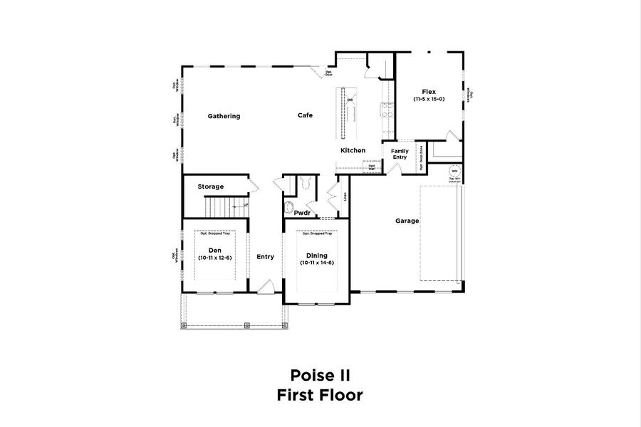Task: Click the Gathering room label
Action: [224, 116]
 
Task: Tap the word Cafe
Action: [305, 115]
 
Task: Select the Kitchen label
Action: [353, 150]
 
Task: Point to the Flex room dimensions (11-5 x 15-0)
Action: [429, 100]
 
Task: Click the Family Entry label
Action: [400, 154]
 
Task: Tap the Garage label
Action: [407, 221]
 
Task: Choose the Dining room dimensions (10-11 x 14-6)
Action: [317, 263]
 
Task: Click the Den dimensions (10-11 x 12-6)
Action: [214, 257]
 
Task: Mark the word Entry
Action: [265, 257]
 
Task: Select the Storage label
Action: [211, 186]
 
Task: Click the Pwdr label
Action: [303, 212]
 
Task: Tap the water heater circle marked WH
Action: [454, 172]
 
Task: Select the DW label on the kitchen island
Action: [350, 100]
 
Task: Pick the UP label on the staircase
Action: [245, 205]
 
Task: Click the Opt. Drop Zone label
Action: [421, 157]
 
